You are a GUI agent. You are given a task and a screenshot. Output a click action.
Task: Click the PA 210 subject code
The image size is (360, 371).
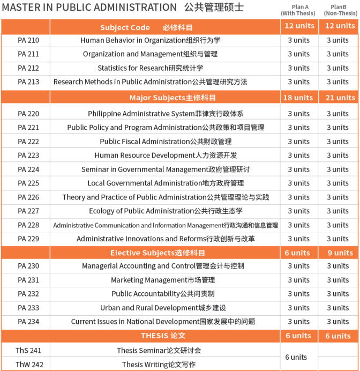[28, 40]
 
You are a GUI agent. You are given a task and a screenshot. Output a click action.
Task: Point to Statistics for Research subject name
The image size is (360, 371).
[151, 68]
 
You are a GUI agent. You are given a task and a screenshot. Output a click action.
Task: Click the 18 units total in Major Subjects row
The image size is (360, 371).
[298, 98]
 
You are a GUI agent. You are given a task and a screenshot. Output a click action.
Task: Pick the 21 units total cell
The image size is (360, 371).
[339, 98]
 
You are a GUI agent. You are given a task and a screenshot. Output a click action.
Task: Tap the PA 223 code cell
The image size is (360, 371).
[28, 155]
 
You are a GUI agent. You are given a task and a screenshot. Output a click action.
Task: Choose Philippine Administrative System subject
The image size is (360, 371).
[166, 114]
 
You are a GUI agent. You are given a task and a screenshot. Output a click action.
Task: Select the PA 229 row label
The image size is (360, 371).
[28, 239]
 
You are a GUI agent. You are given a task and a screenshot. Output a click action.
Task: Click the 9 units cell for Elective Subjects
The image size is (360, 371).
[339, 253]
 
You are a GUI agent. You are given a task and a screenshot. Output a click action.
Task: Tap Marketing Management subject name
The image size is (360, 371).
[163, 280]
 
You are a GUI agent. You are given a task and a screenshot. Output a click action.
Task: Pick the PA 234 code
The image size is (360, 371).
[28, 322]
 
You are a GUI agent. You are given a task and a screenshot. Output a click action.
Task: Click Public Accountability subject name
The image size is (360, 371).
[163, 294]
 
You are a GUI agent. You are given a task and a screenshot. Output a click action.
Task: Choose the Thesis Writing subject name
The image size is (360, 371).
[159, 365]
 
